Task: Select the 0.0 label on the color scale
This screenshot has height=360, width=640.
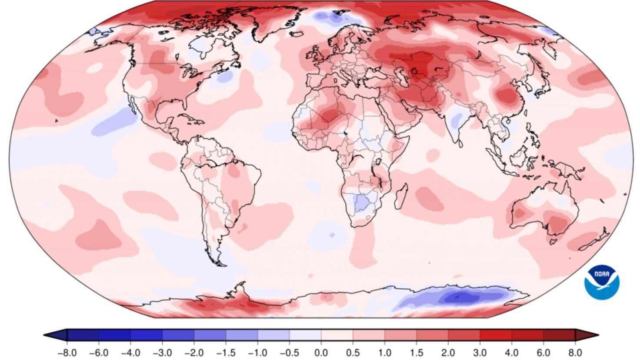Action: (x=321, y=352)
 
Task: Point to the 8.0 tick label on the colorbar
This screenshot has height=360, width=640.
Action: (x=575, y=352)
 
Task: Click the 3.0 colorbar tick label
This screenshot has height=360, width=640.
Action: (x=480, y=352)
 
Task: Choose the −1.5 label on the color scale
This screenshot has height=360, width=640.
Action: (x=226, y=352)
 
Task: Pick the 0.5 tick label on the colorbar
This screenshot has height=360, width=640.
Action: (x=353, y=352)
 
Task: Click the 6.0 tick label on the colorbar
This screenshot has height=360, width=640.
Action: (x=543, y=352)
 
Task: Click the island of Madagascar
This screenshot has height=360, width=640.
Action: (x=401, y=196)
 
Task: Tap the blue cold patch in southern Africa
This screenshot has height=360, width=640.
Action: (x=361, y=203)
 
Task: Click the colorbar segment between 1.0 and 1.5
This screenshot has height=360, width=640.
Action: (x=400, y=335)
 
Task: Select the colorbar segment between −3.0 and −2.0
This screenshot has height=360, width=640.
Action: (x=178, y=335)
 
